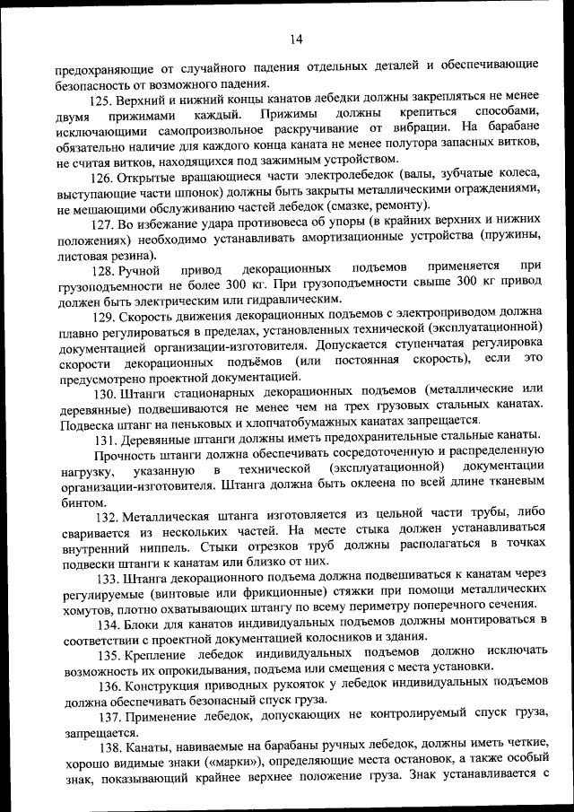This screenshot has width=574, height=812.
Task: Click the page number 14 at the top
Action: (x=296, y=38)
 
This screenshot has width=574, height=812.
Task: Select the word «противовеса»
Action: (x=266, y=223)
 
